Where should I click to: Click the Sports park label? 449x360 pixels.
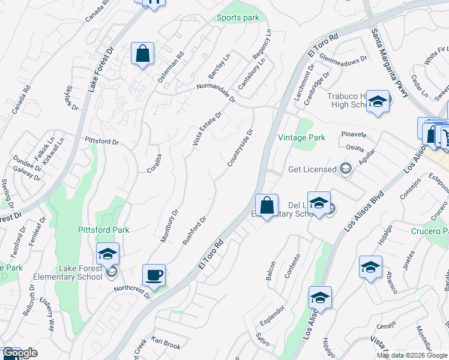(x=238, y=17)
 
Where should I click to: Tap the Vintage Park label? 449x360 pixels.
(x=301, y=137)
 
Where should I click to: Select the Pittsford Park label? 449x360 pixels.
(x=104, y=230)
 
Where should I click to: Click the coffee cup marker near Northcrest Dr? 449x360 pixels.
(x=154, y=275)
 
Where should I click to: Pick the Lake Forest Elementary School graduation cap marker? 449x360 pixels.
(x=107, y=254)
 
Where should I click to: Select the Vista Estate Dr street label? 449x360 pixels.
(x=207, y=128)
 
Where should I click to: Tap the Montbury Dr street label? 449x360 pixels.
(x=170, y=226)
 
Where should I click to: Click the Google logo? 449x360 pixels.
(x=20, y=353)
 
